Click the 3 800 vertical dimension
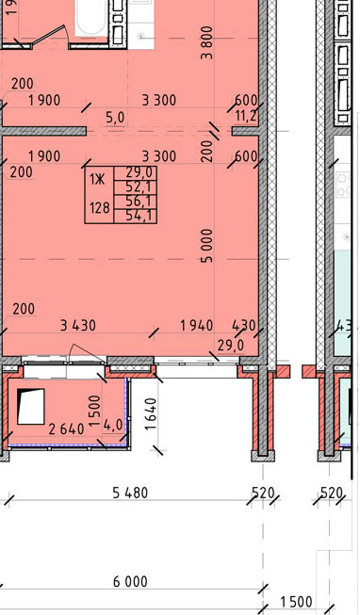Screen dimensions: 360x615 coord(206,42)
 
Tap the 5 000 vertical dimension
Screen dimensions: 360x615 coord(207,246)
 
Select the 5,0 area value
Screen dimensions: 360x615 coord(115,118)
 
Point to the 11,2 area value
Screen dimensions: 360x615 coord(246,116)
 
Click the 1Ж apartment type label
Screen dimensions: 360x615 coord(97,180)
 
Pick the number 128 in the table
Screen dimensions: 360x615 coord(100,207)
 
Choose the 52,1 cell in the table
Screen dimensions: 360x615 coord(136,187)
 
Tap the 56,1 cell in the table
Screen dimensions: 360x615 coord(136,202)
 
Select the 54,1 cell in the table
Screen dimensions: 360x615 coord(136,216)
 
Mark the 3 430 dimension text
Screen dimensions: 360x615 coord(78,326)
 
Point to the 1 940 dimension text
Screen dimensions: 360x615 coord(196,326)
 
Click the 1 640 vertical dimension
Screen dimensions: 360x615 coord(151,414)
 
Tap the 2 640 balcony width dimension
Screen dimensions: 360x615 coord(67,429)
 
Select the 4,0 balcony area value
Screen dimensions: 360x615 coord(113,426)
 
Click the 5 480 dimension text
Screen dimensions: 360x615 coord(130,493)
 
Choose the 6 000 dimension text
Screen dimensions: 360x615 coord(130,581)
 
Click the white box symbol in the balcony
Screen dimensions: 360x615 coord(30,406)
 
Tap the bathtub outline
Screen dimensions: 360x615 coord(91,19)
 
